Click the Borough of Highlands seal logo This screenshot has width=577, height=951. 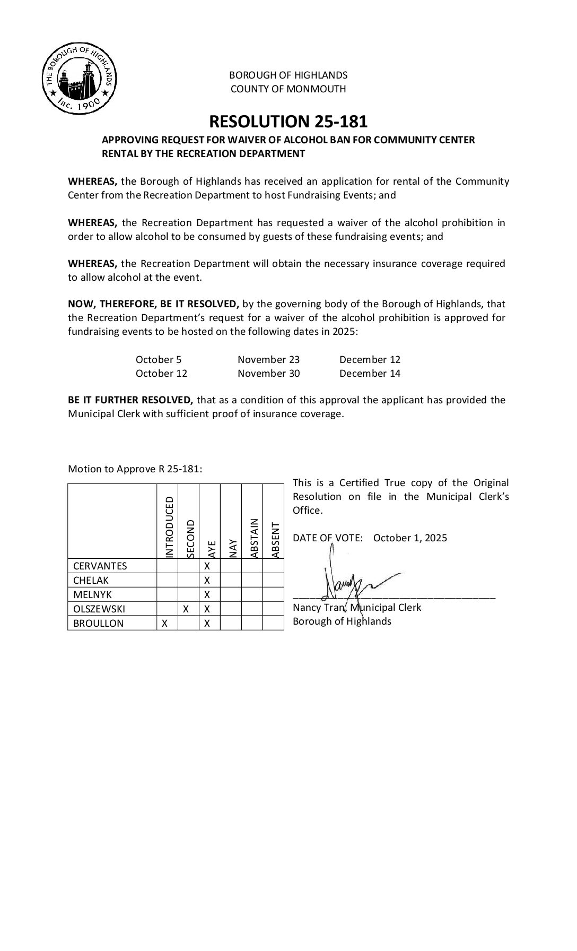(x=79, y=79)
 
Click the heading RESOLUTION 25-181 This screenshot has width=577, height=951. (x=288, y=122)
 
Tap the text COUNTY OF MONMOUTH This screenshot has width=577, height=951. (x=288, y=89)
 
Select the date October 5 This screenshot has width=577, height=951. (x=158, y=360)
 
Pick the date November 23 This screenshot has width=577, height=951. (x=268, y=360)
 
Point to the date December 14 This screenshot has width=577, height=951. (x=370, y=374)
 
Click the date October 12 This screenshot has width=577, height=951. (x=161, y=374)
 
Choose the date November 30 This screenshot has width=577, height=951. (x=268, y=374)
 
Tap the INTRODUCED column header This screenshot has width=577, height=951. (x=169, y=527)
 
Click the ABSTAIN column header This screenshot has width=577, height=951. (x=254, y=538)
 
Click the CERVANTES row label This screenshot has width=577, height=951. (x=100, y=566)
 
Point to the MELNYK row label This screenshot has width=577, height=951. (x=93, y=595)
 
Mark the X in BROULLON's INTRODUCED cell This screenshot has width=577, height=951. (x=165, y=624)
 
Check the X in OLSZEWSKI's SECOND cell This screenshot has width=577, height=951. (x=186, y=609)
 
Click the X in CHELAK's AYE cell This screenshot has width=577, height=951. (x=207, y=581)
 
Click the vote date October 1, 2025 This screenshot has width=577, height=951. (x=410, y=538)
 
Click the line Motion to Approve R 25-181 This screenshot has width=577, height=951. (x=135, y=469)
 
